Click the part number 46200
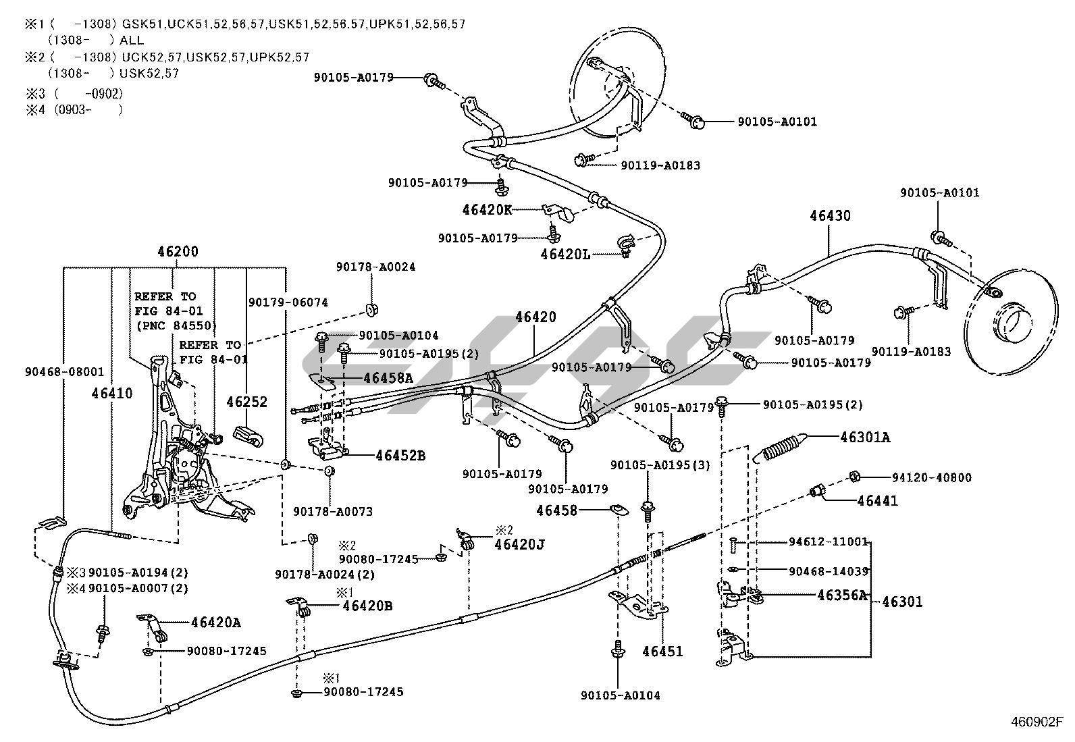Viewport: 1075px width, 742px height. coord(178,252)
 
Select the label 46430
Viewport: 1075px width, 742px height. coord(830,216)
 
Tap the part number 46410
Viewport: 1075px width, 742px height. coord(112,393)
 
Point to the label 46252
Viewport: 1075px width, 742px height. coord(247,402)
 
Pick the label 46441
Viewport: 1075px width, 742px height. coord(877,501)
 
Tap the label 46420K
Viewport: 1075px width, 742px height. coord(487,209)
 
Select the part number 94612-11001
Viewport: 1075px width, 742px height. coord(828,541)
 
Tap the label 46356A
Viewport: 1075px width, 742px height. coord(841,595)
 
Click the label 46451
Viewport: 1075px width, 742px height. coord(662,652)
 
